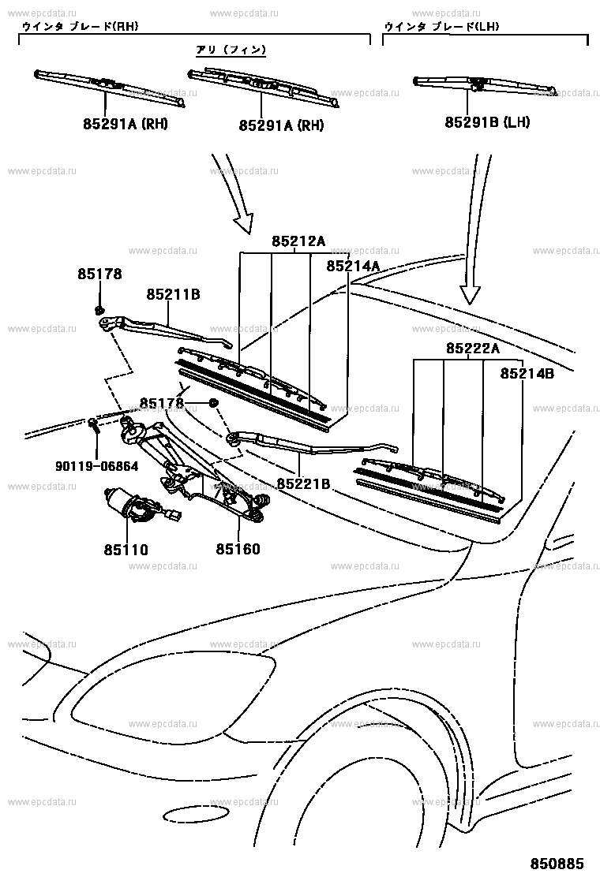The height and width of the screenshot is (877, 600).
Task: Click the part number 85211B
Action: [172, 294]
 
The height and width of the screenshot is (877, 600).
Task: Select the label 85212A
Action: [298, 242]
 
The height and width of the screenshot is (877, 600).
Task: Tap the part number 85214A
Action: [353, 267]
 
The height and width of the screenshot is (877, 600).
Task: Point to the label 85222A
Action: [472, 348]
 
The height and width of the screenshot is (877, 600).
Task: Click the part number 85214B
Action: [527, 374]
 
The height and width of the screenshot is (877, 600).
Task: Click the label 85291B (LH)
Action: [487, 122]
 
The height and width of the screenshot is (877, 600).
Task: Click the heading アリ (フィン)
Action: [231, 50]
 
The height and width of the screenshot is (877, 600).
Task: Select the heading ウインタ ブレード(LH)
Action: [441, 27]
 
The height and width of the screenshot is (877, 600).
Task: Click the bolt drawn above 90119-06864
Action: [94, 426]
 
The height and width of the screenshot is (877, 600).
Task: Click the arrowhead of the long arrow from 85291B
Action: [471, 295]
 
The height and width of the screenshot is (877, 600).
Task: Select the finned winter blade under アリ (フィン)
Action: [264, 85]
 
